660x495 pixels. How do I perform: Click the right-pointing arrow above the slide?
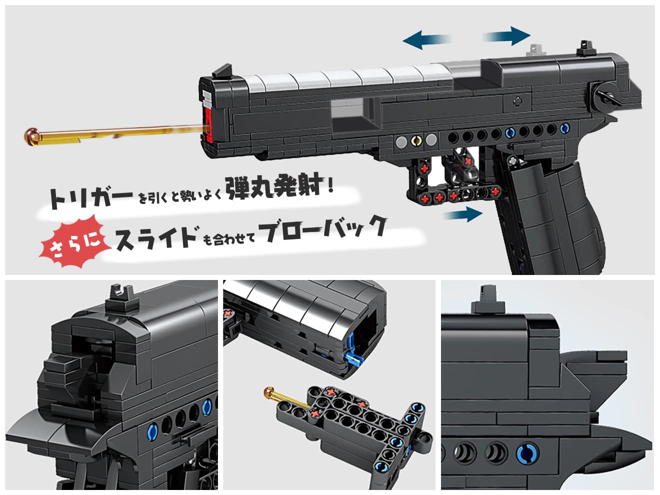click(x=506, y=36)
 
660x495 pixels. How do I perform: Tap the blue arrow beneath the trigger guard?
click(x=463, y=214)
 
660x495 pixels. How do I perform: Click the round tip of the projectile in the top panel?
click(x=32, y=136)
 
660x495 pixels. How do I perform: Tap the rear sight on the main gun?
click(x=584, y=48)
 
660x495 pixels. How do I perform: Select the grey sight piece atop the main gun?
click(x=535, y=50)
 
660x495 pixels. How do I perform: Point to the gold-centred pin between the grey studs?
click(x=416, y=140)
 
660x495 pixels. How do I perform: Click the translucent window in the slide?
click(x=350, y=116)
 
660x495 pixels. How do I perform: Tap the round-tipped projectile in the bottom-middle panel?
click(x=285, y=398)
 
